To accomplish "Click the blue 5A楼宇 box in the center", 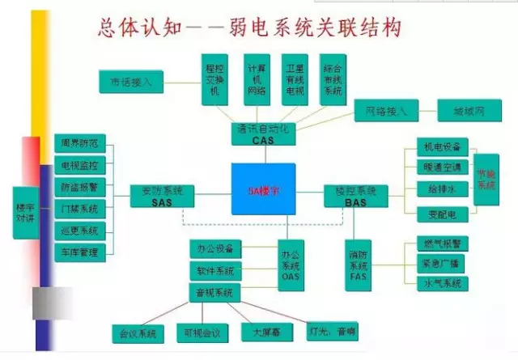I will click(x=263, y=189).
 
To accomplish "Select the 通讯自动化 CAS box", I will click(x=264, y=134).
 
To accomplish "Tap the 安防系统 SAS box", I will click(x=162, y=196).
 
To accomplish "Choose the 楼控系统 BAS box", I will click(x=355, y=196).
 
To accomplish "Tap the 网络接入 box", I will click(x=386, y=109).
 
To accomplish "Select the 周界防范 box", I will click(x=80, y=144).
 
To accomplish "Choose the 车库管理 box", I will click(x=80, y=252).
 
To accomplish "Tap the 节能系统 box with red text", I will click(x=486, y=180).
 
